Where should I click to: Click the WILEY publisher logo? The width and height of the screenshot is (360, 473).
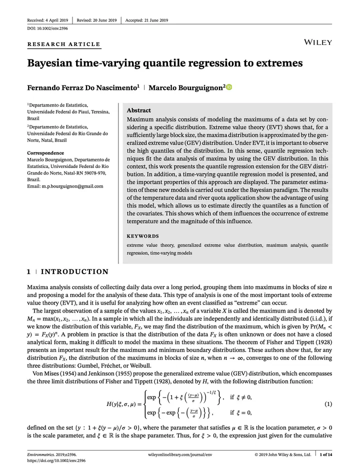pyautogui.click(x=317, y=42)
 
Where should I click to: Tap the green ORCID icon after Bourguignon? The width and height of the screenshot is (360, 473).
pyautogui.click(x=229, y=87)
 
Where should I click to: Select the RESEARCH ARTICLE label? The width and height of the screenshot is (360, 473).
pyautogui.click(x=63, y=44)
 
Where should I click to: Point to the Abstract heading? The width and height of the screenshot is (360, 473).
pyautogui.click(x=139, y=110)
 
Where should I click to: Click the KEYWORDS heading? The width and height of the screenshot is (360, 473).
pyautogui.click(x=143, y=236)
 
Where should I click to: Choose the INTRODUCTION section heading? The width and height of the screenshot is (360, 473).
pyautogui.click(x=74, y=272)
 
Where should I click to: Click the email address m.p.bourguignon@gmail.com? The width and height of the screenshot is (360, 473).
pyautogui.click(x=65, y=186)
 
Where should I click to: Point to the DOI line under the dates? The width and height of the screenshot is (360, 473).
pyautogui.click(x=47, y=28)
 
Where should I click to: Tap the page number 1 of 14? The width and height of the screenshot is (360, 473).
pyautogui.click(x=326, y=454)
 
